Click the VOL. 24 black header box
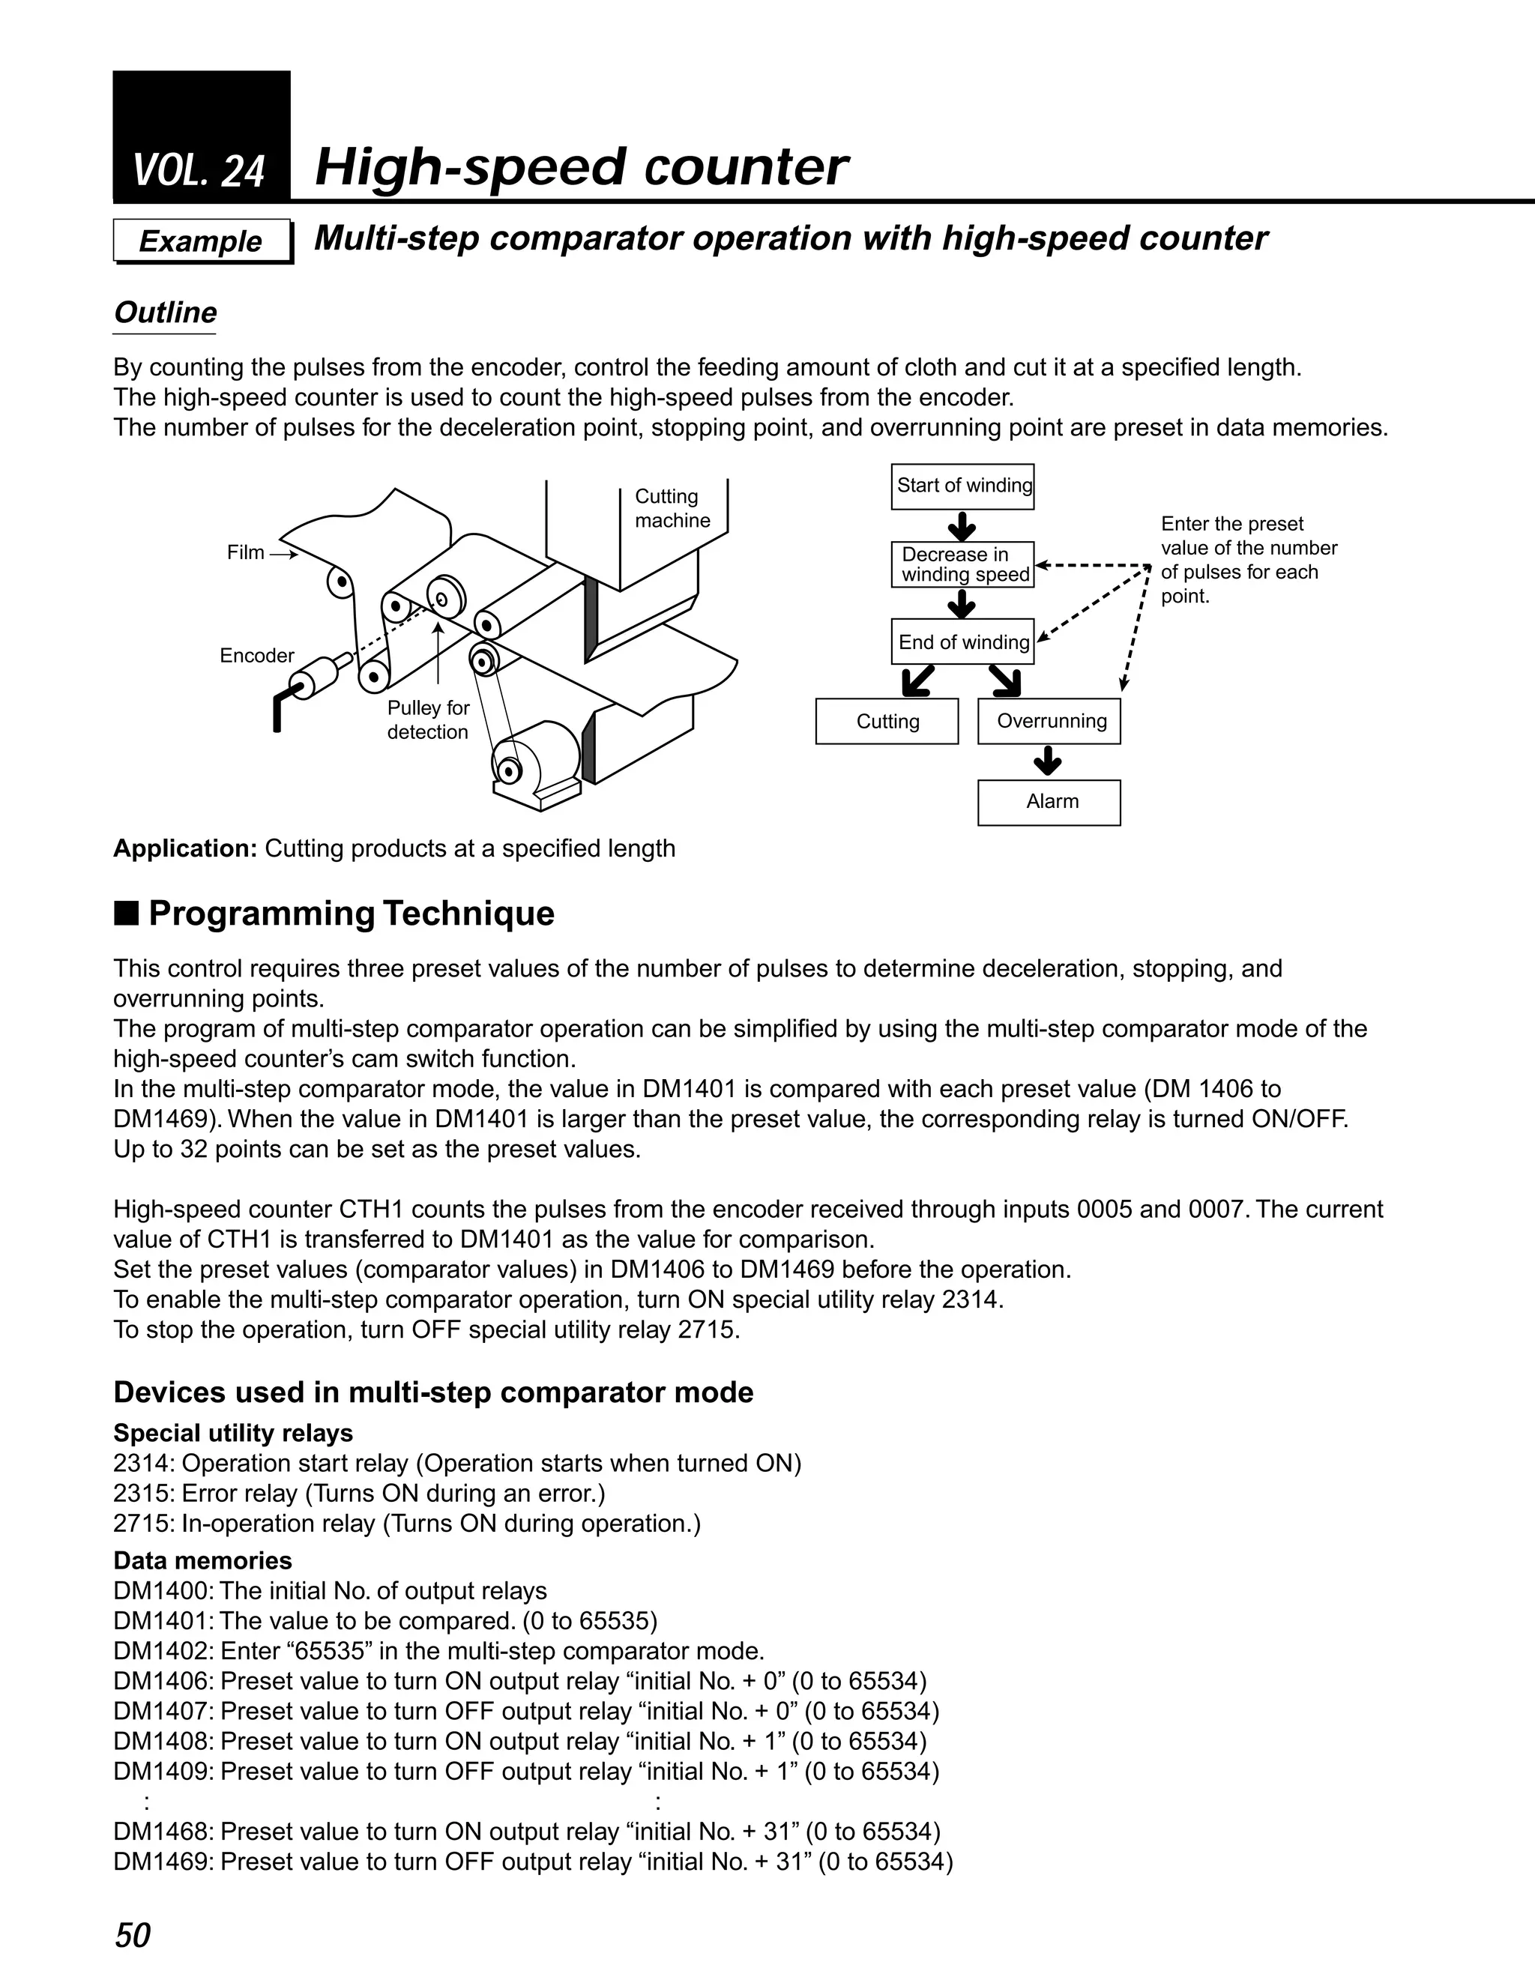pos(201,136)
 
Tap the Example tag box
pos(201,241)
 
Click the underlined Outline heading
pos(165,313)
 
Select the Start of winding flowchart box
pos(962,486)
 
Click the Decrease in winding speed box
pos(962,565)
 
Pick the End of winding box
pos(962,642)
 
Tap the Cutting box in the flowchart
pos(887,721)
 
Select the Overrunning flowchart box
pos(1049,721)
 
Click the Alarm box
pos(1049,802)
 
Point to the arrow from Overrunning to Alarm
pos(1049,761)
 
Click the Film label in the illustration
pos(246,553)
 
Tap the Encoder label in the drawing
pos(256,656)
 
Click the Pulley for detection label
pos(427,720)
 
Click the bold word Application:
pos(186,848)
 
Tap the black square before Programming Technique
pos(127,912)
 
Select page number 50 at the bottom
pos(132,1934)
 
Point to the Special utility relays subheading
pos(233,1433)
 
